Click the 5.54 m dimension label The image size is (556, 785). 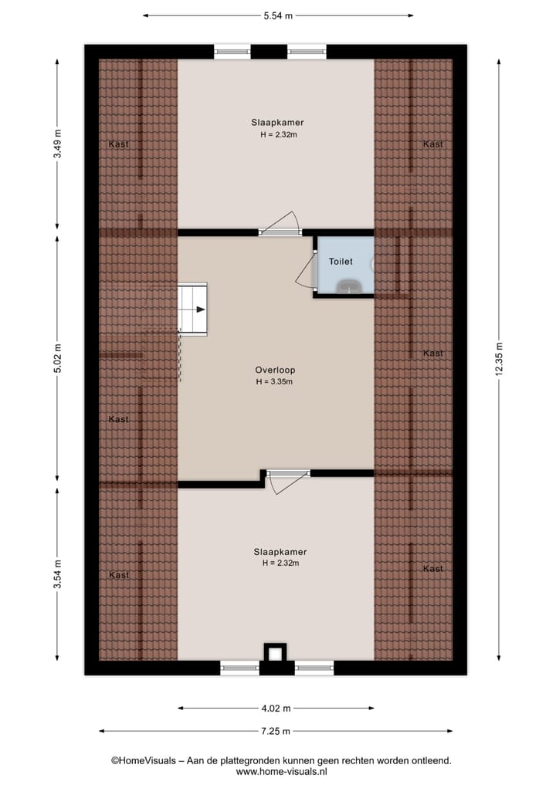click(277, 15)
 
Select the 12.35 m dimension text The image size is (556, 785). click(500, 358)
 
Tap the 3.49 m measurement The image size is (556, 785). click(57, 144)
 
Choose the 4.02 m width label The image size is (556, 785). click(276, 708)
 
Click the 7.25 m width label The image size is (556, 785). click(276, 731)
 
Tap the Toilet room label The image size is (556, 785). click(341, 262)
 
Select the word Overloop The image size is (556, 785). click(276, 370)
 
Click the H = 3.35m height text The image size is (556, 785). click(276, 381)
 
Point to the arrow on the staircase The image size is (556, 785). click(199, 310)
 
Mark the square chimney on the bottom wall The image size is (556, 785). click(275, 652)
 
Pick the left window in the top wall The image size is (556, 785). click(232, 52)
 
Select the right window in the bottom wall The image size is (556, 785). click(314, 668)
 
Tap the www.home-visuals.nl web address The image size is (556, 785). click(282, 771)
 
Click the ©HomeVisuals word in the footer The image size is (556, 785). click(140, 760)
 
